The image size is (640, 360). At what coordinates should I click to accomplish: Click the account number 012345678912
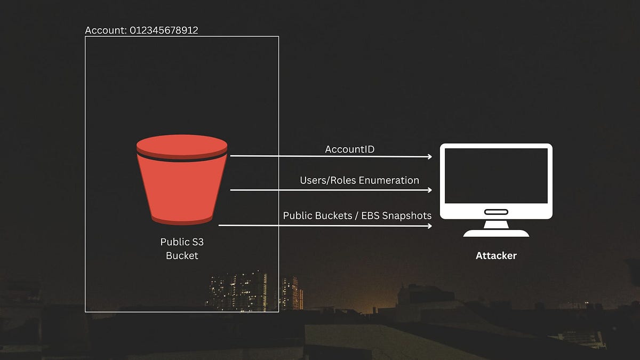click(x=164, y=30)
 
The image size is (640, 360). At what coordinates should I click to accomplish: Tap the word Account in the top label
click(x=106, y=30)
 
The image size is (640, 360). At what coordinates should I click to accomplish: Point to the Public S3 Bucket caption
click(x=182, y=249)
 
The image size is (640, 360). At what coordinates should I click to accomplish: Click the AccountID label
click(x=350, y=149)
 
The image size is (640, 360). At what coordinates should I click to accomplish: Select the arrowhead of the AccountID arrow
click(x=429, y=157)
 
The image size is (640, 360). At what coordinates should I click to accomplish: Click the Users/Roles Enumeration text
click(x=359, y=180)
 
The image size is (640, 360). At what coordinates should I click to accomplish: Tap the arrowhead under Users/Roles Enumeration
click(x=429, y=190)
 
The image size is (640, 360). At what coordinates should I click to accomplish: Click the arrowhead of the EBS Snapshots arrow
click(x=429, y=226)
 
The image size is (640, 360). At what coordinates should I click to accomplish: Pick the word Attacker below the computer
click(x=496, y=255)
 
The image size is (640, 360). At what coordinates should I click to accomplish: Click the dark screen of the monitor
click(x=496, y=175)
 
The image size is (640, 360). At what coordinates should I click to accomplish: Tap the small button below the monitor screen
click(x=496, y=212)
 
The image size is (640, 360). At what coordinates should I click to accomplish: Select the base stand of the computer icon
click(x=496, y=233)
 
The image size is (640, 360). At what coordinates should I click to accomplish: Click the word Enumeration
click(x=389, y=180)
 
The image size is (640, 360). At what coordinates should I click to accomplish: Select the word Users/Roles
click(x=328, y=180)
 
